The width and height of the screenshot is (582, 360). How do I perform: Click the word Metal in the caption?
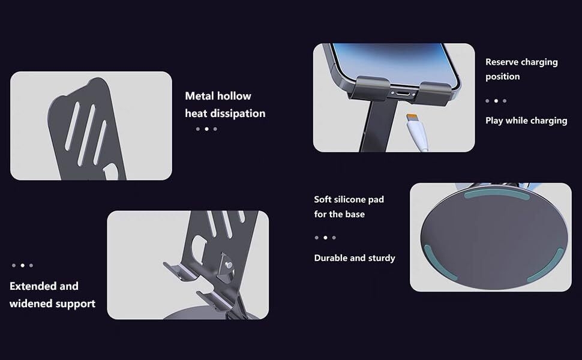(199, 96)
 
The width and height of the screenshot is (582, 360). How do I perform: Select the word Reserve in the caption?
(503, 62)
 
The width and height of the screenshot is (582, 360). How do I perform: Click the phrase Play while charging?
(526, 121)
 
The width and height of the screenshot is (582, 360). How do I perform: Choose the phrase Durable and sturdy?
(355, 258)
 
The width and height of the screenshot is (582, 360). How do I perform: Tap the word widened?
(31, 304)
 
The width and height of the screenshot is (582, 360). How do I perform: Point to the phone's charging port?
(403, 94)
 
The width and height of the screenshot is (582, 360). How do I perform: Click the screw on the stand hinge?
(229, 265)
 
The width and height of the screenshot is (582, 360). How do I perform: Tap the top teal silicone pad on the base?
(497, 195)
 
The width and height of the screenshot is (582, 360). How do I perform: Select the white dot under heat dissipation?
(207, 129)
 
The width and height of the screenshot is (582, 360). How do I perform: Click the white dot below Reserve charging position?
(496, 101)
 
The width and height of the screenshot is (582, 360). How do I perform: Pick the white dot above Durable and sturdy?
(325, 238)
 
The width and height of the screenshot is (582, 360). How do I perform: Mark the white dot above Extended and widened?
(23, 265)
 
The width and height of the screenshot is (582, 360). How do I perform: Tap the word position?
(503, 77)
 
